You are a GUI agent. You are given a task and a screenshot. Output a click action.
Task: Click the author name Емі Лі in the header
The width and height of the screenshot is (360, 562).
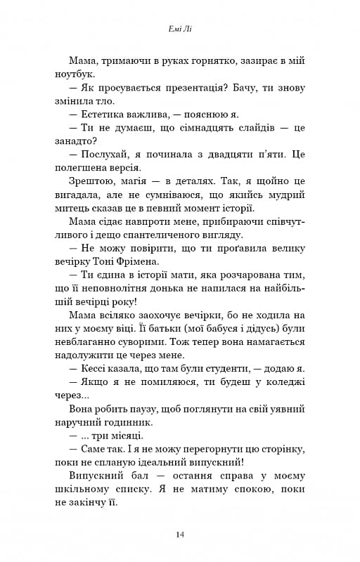tap(180, 30)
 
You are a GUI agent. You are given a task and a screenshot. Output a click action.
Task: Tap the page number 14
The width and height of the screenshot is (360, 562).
tap(180, 535)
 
